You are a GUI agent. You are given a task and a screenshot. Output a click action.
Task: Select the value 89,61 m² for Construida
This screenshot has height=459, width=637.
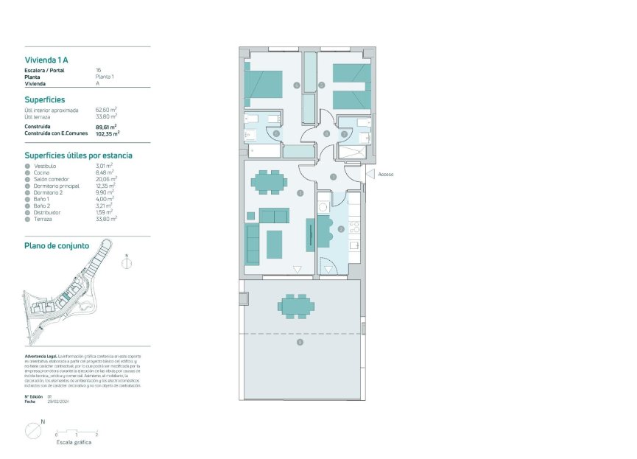coord(107,127)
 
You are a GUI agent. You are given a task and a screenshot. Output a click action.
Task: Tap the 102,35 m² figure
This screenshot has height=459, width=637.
coord(108,133)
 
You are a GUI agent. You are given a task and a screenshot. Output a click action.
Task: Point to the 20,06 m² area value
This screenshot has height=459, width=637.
coord(106,178)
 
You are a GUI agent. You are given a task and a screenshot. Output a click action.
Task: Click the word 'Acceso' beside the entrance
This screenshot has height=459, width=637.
coord(386,175)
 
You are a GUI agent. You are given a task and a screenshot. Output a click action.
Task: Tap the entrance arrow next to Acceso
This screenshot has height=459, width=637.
coord(370,175)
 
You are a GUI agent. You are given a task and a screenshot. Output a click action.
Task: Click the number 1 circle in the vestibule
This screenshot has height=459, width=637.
coord(334,177)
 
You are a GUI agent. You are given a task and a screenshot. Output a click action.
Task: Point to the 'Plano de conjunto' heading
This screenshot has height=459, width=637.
coord(57,245)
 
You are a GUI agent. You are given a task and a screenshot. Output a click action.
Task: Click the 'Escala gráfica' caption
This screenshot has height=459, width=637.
coord(74,443)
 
